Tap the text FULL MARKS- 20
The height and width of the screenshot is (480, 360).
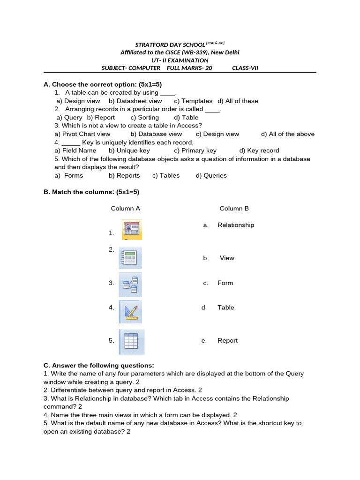pyautogui.click(x=190, y=68)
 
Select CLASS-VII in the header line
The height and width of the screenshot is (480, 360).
pyautogui.click(x=245, y=68)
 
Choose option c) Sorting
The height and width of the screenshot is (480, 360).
pyautogui.click(x=145, y=118)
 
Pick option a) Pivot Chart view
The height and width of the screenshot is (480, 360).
pyautogui.click(x=82, y=134)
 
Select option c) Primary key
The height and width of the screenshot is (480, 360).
pyautogui.click(x=195, y=150)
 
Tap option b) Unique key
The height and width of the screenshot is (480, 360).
pyautogui.click(x=129, y=150)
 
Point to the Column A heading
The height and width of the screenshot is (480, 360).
pyautogui.click(x=125, y=208)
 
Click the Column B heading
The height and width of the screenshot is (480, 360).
pyautogui.click(x=234, y=208)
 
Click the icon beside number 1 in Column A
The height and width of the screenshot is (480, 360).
pyautogui.click(x=132, y=229)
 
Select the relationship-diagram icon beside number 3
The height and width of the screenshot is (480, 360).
pyautogui.click(x=130, y=285)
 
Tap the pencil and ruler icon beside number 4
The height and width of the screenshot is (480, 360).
pyautogui.click(x=130, y=312)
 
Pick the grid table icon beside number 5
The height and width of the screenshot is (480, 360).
pyautogui.click(x=131, y=342)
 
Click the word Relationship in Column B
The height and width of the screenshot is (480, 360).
pyautogui.click(x=236, y=225)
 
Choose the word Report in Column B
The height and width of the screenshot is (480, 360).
pyautogui.click(x=227, y=341)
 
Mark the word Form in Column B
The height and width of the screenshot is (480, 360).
pyautogui.click(x=225, y=283)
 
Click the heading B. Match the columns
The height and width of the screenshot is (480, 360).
pyautogui.click(x=91, y=192)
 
